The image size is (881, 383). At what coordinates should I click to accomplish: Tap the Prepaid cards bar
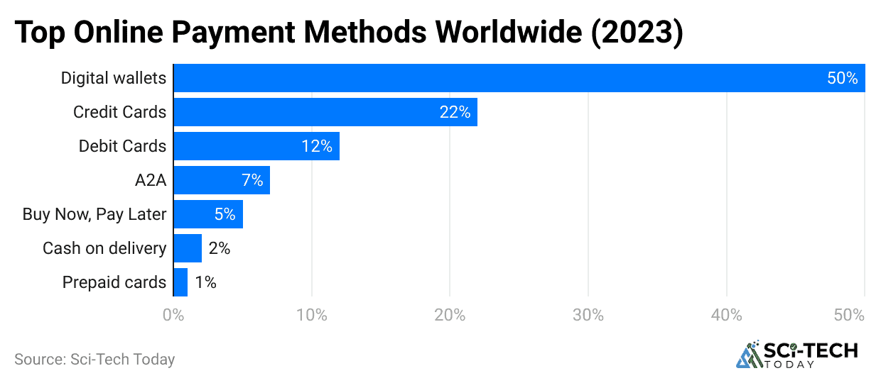pyautogui.click(x=180, y=282)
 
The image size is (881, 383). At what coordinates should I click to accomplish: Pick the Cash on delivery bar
pyautogui.click(x=188, y=248)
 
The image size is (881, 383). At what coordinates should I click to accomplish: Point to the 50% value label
pyautogui.click(x=843, y=78)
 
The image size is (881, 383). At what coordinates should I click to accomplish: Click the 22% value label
pyautogui.click(x=455, y=112)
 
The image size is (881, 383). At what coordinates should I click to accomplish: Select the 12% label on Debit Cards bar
pyautogui.click(x=316, y=146)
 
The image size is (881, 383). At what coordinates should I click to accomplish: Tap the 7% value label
pyautogui.click(x=252, y=180)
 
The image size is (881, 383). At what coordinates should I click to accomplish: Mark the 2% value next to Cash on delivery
pyautogui.click(x=219, y=248)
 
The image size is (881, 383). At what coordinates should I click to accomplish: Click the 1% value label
pyautogui.click(x=205, y=282)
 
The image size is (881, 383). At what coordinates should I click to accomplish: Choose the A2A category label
pyautogui.click(x=150, y=180)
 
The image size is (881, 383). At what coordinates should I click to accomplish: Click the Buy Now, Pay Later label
pyautogui.click(x=94, y=214)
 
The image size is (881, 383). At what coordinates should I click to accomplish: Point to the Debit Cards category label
pyautogui.click(x=122, y=146)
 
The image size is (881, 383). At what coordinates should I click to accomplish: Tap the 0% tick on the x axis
pyautogui.click(x=173, y=315)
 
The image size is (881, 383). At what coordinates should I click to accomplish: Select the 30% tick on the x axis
pyautogui.click(x=588, y=315)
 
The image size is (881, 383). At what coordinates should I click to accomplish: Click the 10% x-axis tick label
pyautogui.click(x=312, y=315)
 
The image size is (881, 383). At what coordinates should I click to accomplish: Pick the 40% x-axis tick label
pyautogui.click(x=727, y=315)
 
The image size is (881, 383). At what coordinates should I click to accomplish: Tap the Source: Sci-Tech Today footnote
pyautogui.click(x=94, y=360)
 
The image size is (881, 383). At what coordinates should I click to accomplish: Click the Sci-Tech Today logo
pyautogui.click(x=796, y=355)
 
